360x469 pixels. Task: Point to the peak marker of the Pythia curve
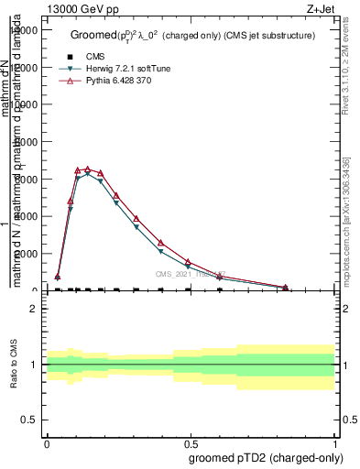[x=87, y=169]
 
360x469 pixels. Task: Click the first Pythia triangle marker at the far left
[x=58, y=276]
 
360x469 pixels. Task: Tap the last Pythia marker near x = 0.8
[x=289, y=287]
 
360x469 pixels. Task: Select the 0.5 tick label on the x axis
[x=191, y=442]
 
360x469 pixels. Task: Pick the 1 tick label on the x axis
[x=335, y=442]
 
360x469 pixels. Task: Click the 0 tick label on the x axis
[x=47, y=442]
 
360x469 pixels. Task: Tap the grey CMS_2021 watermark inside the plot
[x=190, y=274]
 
